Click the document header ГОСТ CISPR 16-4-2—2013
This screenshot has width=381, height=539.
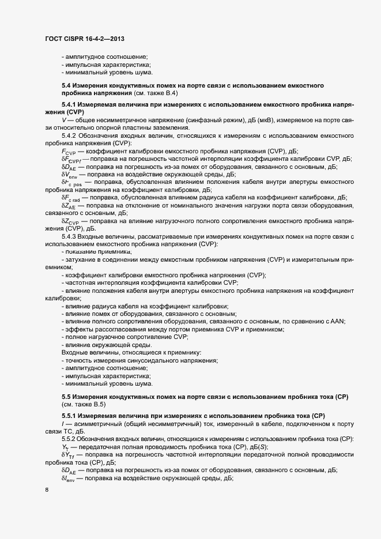[85, 39]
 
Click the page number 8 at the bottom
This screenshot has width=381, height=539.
[47, 491]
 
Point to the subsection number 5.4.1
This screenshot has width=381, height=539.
[71, 105]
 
